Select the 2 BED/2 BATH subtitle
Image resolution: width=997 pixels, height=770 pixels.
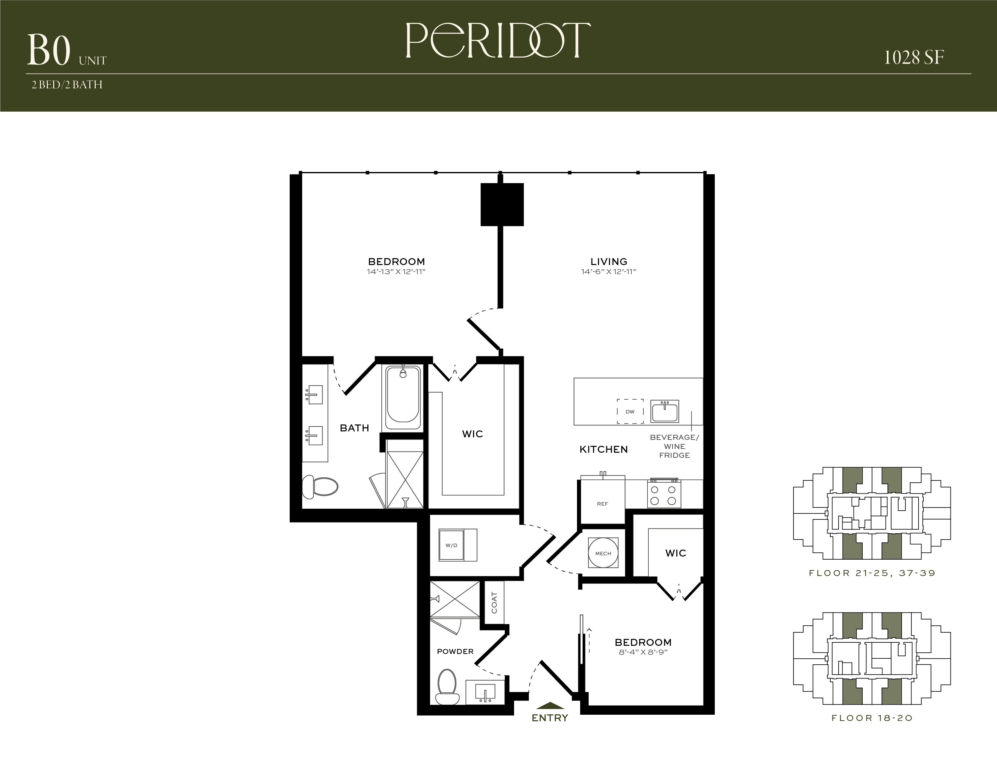[x=67, y=85]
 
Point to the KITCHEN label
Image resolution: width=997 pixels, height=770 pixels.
[x=603, y=449]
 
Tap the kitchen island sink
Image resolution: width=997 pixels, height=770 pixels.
[x=665, y=412]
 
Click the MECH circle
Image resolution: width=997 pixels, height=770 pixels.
[x=603, y=553]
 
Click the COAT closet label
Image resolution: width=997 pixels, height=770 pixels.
[x=494, y=603]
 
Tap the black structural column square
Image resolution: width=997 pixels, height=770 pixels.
[x=502, y=204]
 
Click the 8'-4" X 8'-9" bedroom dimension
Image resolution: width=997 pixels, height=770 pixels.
[x=643, y=652]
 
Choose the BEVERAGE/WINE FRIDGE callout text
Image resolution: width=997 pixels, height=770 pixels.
[x=674, y=446]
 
